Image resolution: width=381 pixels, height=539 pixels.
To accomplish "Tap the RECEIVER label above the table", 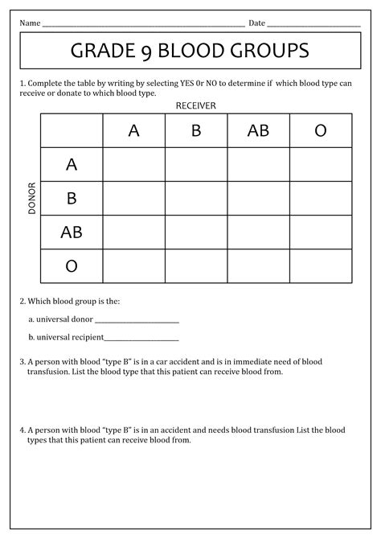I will click(x=195, y=105).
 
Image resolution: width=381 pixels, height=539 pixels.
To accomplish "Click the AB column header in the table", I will click(x=258, y=130).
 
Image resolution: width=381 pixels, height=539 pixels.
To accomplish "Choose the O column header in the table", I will click(x=321, y=130).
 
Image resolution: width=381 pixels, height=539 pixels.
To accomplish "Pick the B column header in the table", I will click(x=196, y=130).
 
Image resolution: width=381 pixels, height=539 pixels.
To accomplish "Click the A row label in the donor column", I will click(x=72, y=165).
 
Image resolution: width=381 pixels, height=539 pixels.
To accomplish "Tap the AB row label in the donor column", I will click(x=72, y=232).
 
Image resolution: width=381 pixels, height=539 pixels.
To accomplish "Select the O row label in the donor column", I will click(x=72, y=266).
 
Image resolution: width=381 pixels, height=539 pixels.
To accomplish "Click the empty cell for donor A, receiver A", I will click(x=134, y=165).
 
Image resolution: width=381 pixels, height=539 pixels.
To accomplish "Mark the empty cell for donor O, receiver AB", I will click(x=258, y=266).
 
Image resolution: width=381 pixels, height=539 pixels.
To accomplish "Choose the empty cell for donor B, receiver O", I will click(x=321, y=199).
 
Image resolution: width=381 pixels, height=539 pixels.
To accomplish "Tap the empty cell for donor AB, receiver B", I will click(x=196, y=232).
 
